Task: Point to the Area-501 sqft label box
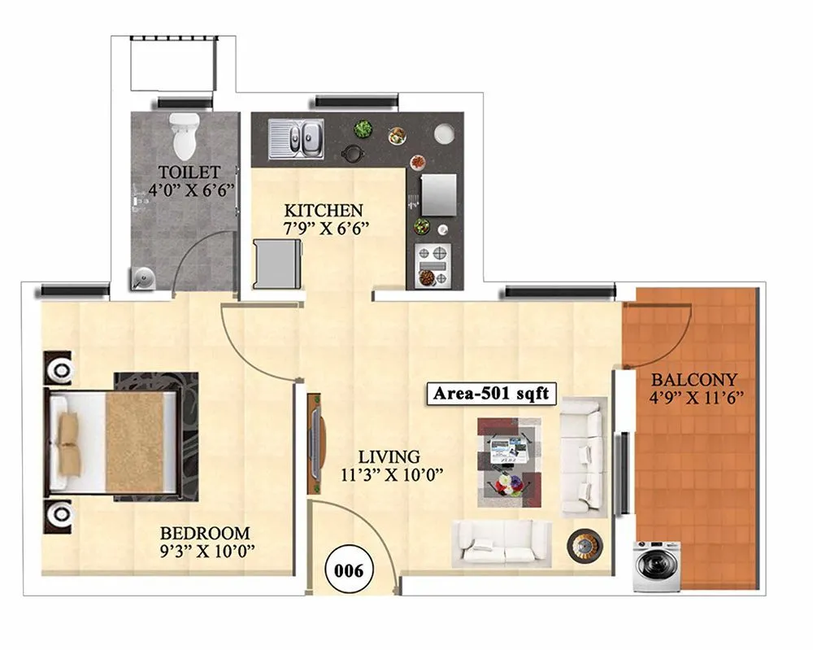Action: [x=490, y=395]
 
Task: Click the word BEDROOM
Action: [x=205, y=534]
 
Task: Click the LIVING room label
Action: [x=390, y=456]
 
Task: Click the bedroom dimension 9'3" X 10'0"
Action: [x=207, y=552]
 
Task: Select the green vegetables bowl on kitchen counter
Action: [x=363, y=128]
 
